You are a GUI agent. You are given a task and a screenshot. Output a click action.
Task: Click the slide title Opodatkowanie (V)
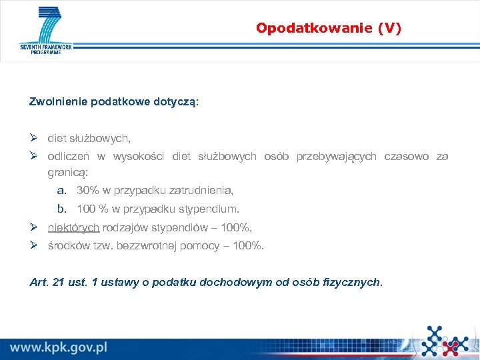tap(329, 28)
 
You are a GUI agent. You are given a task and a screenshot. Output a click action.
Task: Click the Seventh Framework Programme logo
tap(46, 31)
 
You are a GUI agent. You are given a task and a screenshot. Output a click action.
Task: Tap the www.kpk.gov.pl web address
tap(58, 347)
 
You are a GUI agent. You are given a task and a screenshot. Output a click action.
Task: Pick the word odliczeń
tap(68, 156)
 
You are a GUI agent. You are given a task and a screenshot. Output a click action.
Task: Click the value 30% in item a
tap(87, 190)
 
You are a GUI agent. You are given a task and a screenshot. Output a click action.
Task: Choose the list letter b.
tap(61, 208)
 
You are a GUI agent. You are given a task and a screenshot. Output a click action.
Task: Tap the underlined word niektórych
tap(73, 227)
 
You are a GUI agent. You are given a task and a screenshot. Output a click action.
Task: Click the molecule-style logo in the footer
tap(445, 340)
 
